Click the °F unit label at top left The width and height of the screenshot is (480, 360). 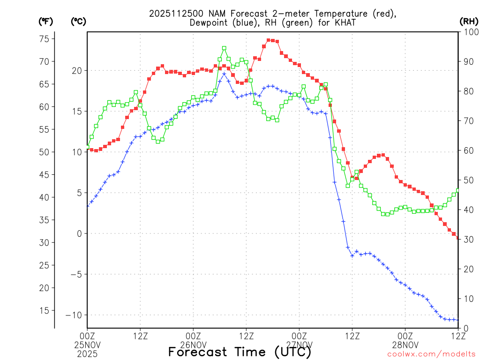[45, 21]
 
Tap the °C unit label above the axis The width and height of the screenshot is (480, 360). [78, 21]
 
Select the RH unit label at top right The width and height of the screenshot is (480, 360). [469, 21]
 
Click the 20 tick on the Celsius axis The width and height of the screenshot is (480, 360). [77, 70]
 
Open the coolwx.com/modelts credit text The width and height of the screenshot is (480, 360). [431, 354]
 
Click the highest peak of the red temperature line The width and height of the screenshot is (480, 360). [269, 40]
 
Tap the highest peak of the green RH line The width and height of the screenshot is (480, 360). [224, 48]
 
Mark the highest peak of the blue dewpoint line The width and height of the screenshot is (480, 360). [224, 74]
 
